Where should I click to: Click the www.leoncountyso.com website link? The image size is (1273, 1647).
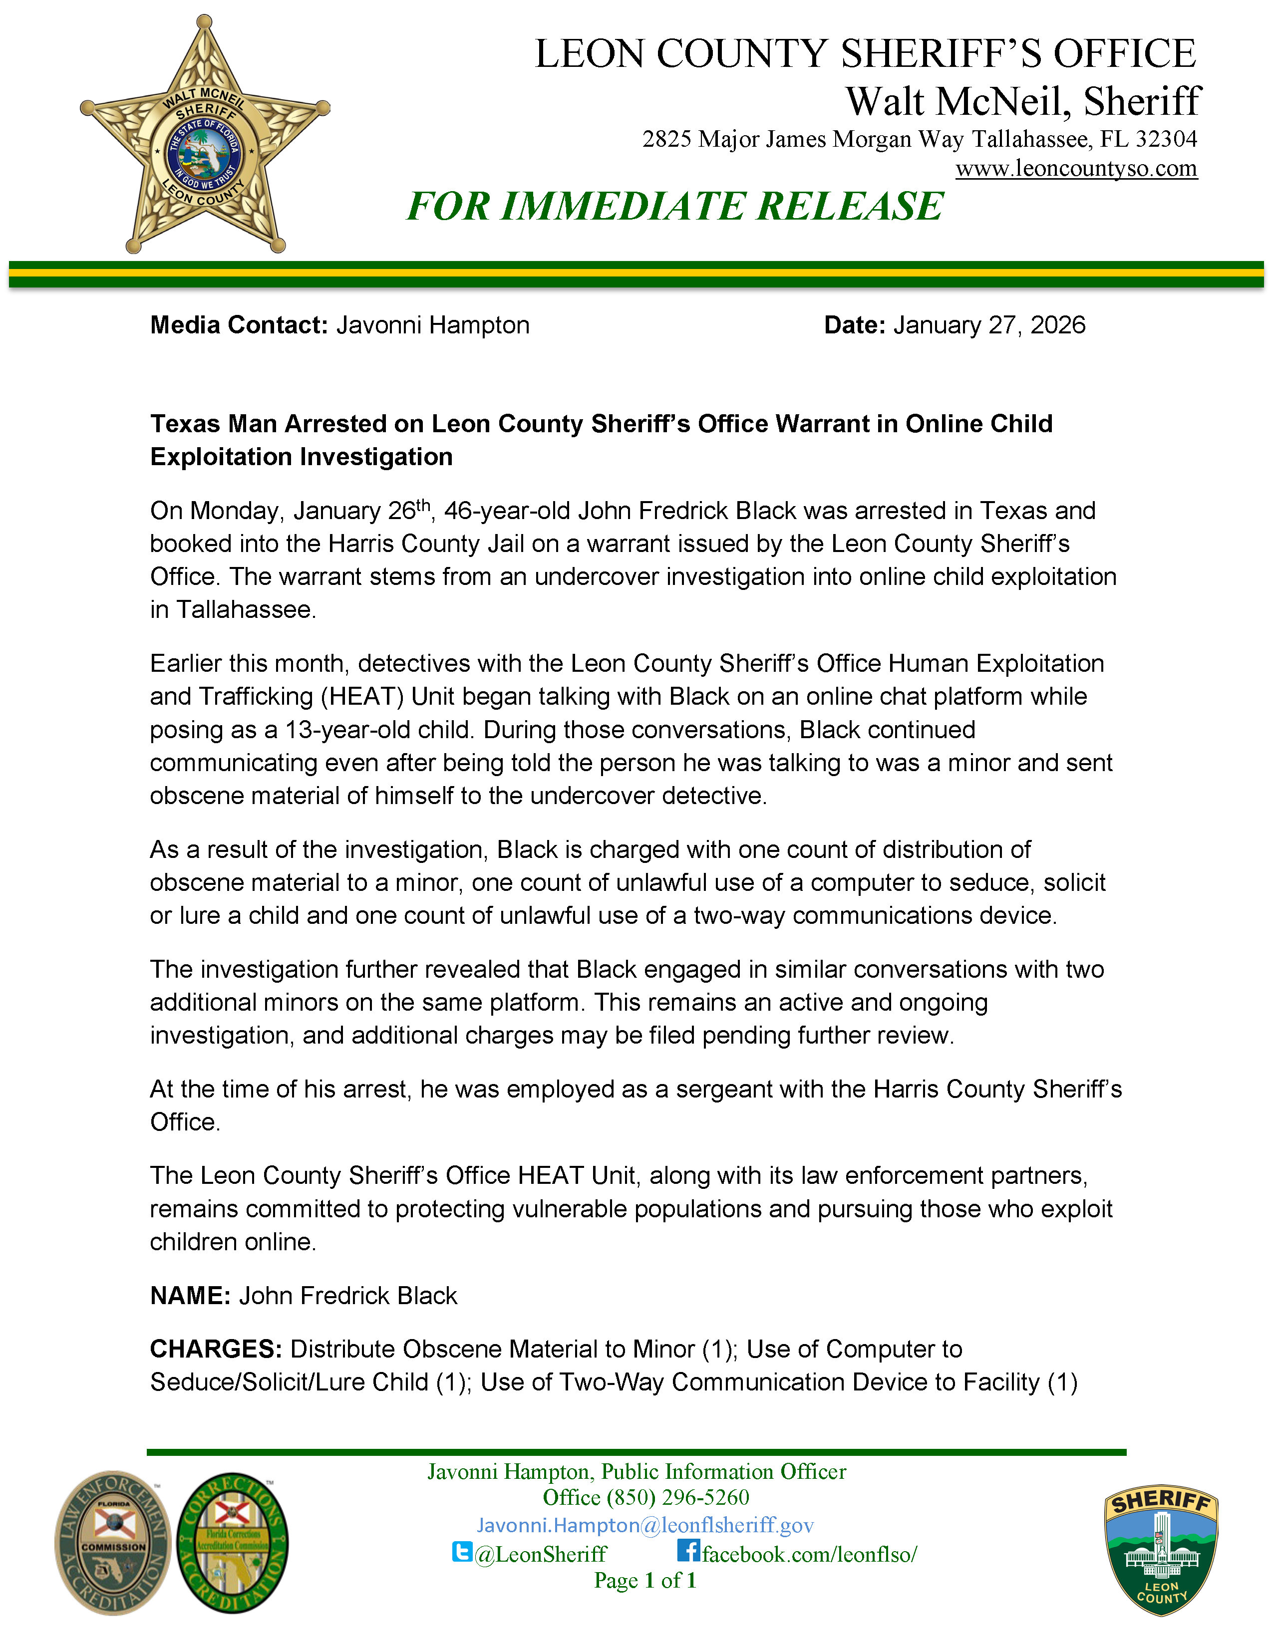1076,168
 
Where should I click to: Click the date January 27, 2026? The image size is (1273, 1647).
988,325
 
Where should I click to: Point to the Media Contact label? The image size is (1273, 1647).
238,325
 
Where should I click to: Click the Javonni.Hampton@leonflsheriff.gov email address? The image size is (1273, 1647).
645,1526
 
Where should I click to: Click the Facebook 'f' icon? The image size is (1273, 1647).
688,1551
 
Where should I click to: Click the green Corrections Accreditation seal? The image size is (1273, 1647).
232,1543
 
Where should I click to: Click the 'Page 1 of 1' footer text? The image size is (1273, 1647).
645,1581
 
